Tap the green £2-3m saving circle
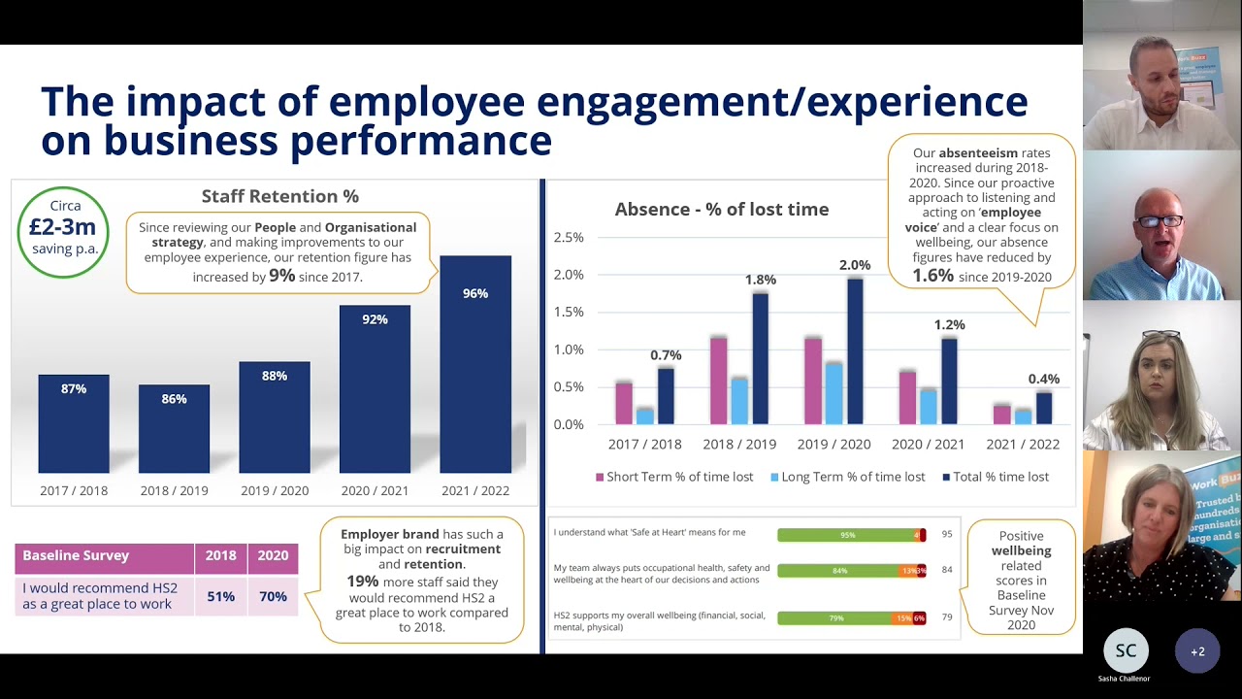(x=63, y=231)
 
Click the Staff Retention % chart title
(x=279, y=196)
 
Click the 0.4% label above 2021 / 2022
(x=1043, y=379)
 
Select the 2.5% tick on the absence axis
(x=569, y=238)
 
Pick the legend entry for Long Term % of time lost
(x=847, y=477)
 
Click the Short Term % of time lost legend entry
(x=674, y=477)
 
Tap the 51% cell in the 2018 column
(x=220, y=596)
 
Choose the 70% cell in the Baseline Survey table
(x=273, y=596)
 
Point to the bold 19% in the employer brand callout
(x=362, y=581)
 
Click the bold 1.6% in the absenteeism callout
(x=932, y=276)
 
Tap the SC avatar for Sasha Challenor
(x=1126, y=651)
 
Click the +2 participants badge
(x=1197, y=651)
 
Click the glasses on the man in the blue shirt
(x=1160, y=221)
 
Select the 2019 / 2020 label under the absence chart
(x=833, y=444)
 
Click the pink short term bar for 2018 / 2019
(x=718, y=381)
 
